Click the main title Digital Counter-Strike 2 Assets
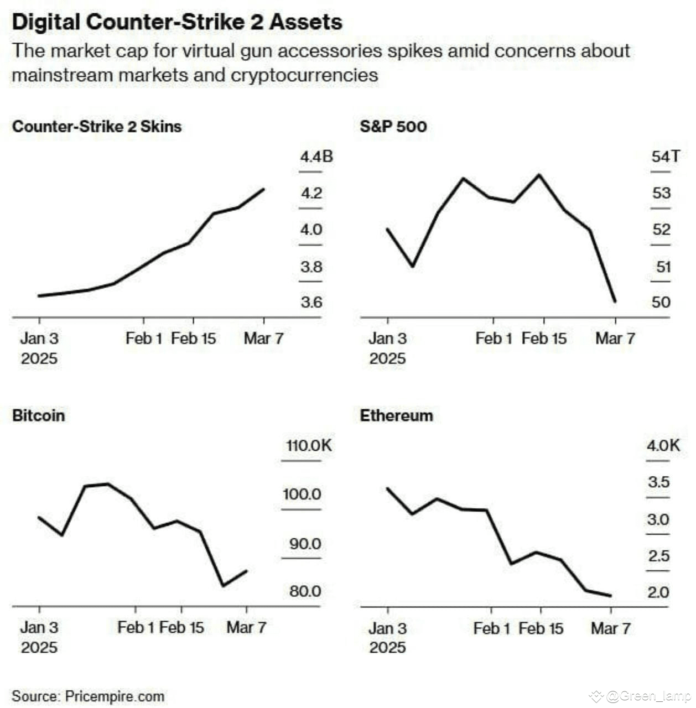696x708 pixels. coord(177,22)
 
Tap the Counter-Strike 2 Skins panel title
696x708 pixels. coord(97,127)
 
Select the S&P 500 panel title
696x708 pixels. coord(393,127)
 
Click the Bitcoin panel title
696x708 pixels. coord(39,415)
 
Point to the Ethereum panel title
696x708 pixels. coord(396,415)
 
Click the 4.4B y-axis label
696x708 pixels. coord(316,157)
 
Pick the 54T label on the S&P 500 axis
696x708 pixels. coord(665,157)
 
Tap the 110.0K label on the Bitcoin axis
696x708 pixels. coord(309,445)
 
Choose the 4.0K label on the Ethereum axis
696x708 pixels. coord(663,445)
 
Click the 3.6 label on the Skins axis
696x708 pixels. coord(311,303)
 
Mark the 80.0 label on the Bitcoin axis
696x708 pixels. coord(305,591)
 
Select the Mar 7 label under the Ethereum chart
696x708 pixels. coord(611,628)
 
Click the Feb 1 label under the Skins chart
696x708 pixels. coord(144,339)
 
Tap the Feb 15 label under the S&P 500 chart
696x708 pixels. coord(544,339)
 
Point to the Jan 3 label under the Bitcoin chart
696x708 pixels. coord(39,628)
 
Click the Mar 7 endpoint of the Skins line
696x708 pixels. coord(263,189)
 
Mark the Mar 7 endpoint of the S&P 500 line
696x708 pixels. coord(615,301)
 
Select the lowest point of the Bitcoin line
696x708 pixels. coord(223,585)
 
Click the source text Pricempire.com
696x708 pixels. coord(115,696)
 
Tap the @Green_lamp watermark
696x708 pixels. coord(647,696)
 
